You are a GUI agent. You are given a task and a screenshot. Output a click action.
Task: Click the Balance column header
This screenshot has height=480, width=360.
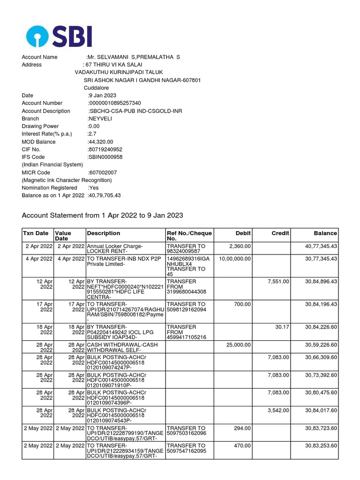(x=325, y=233)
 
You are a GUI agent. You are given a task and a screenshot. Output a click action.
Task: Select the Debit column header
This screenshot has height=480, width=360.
(x=243, y=233)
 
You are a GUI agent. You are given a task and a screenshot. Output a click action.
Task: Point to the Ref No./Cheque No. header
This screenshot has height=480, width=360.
(x=189, y=236)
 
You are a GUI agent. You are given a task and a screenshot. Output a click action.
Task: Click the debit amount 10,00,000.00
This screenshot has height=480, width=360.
(x=234, y=258)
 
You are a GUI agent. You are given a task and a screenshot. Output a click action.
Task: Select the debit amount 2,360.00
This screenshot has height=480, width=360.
(x=240, y=246)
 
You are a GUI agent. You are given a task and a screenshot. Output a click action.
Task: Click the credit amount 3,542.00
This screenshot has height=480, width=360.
(x=279, y=410)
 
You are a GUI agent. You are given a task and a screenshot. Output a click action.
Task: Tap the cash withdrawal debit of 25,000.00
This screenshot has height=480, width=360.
(x=238, y=345)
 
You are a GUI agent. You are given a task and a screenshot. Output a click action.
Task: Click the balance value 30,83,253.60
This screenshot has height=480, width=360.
(x=321, y=446)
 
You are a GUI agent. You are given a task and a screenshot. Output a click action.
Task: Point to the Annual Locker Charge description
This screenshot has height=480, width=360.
(x=115, y=246)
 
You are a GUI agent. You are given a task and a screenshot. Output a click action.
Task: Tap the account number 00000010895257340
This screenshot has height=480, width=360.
(x=114, y=103)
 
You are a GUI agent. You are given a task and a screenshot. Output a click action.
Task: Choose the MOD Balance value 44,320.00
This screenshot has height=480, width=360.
(x=101, y=142)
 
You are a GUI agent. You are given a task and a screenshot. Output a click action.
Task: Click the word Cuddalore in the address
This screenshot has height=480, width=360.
(x=96, y=88)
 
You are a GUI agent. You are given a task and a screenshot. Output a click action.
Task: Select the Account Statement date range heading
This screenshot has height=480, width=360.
(x=103, y=215)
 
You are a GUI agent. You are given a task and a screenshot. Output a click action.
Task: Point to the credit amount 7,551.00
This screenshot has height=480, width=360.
(x=279, y=281)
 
